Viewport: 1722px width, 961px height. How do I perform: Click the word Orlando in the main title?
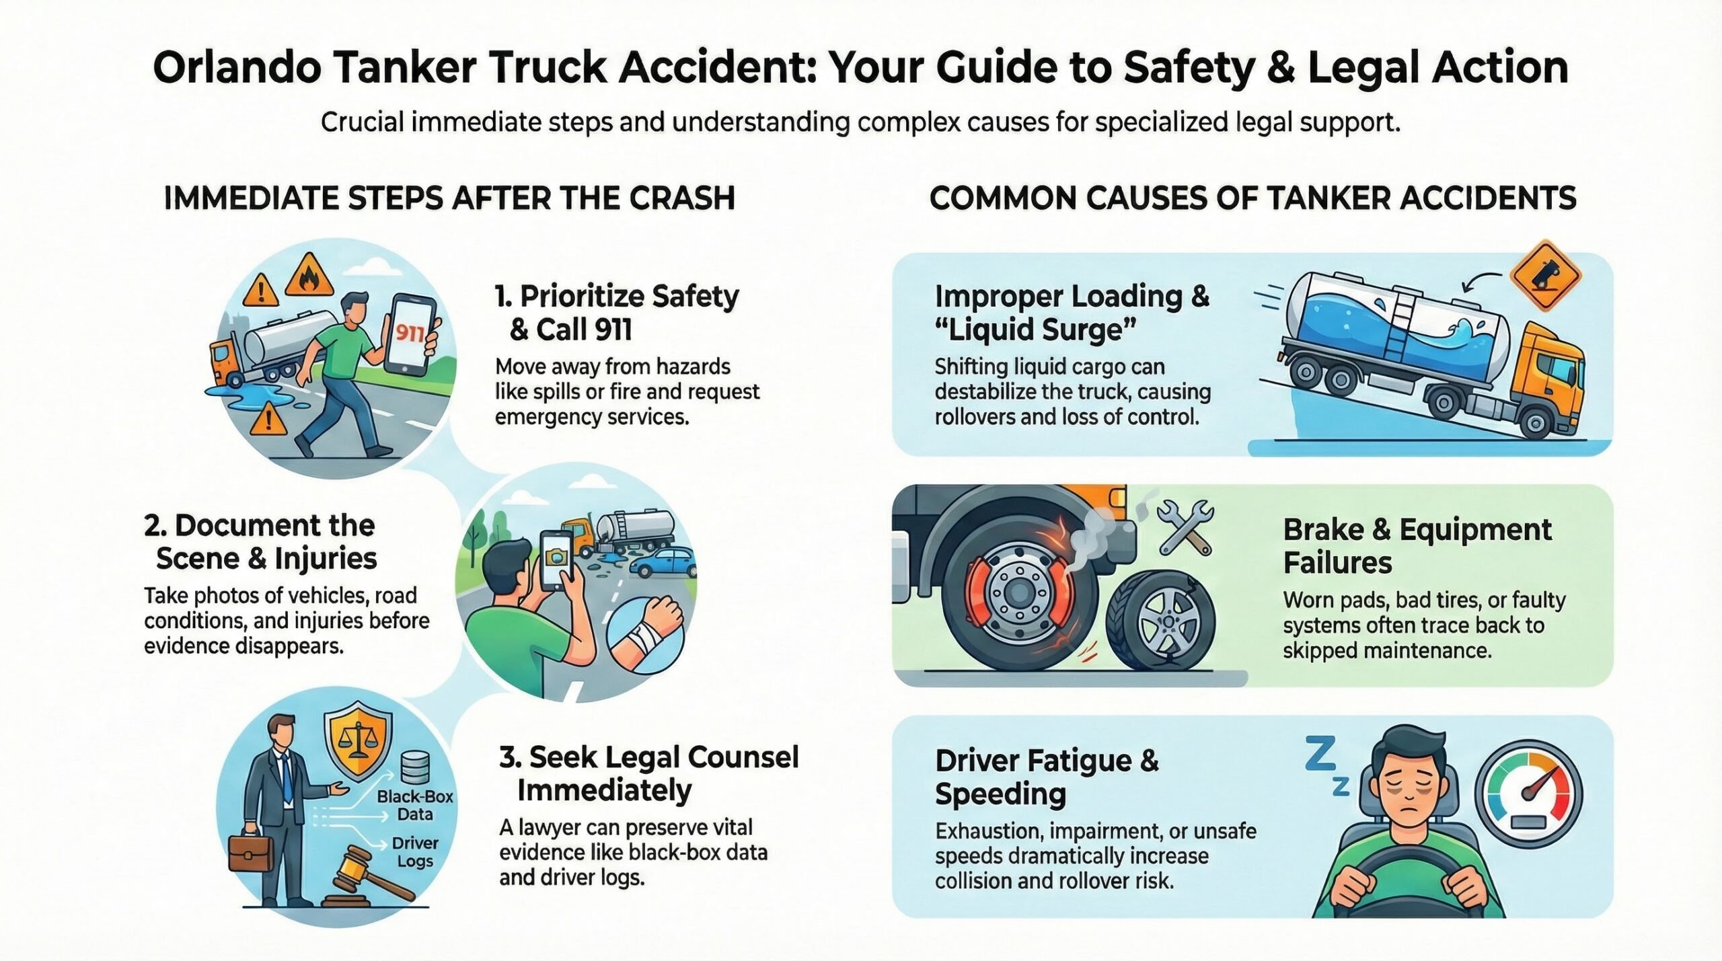(x=237, y=68)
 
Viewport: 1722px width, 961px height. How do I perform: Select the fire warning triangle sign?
(x=309, y=276)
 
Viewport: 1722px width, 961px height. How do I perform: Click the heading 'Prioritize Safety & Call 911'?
(x=616, y=313)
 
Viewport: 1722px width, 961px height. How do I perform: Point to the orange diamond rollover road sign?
(x=1545, y=275)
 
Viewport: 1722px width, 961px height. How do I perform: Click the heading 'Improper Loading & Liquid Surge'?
(x=1072, y=313)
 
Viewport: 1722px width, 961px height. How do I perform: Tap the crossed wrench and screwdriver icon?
(x=1185, y=527)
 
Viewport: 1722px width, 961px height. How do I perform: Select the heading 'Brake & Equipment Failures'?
(x=1417, y=546)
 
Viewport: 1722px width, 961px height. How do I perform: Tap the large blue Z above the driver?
(x=1320, y=754)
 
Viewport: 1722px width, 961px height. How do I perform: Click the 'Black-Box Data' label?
(x=414, y=805)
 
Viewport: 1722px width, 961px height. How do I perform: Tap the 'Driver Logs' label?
(x=414, y=851)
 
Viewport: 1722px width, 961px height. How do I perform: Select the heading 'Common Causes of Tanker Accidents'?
(x=1252, y=198)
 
